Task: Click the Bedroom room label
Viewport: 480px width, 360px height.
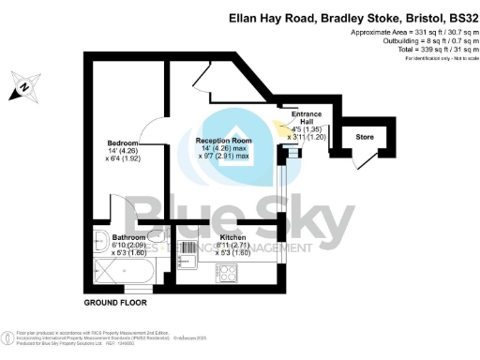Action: pyautogui.click(x=123, y=143)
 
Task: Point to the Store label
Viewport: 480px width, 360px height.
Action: pyautogui.click(x=367, y=138)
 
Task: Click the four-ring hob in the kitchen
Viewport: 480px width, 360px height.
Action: pyautogui.click(x=227, y=273)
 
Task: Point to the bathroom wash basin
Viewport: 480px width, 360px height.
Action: pyautogui.click(x=101, y=238)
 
